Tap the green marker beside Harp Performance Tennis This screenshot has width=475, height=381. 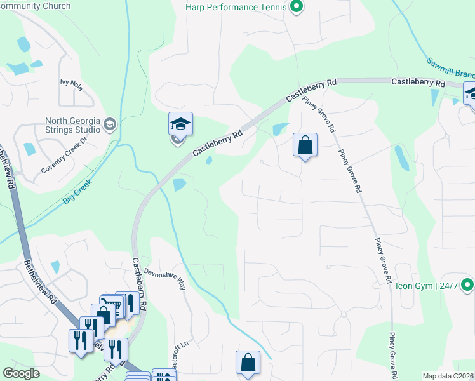pos(295,8)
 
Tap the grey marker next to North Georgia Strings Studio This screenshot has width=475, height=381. pos(110,124)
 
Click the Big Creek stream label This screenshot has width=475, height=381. pos(77,190)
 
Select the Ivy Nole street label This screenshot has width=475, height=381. pos(71,83)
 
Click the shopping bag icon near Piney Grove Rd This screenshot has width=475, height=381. pos(305,145)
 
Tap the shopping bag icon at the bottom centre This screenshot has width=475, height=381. pos(248,363)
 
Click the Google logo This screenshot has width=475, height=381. pos(22,373)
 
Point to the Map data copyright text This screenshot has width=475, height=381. pos(448,376)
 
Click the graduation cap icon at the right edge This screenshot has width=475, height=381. pos(471,94)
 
